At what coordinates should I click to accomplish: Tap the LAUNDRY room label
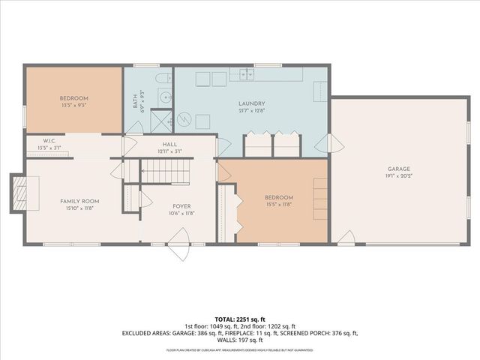[x=252, y=103]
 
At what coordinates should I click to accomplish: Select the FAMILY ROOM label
[x=80, y=201]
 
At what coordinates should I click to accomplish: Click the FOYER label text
[x=181, y=205]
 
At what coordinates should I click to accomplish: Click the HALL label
[x=169, y=144]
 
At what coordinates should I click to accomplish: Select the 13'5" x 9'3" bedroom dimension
[x=74, y=106]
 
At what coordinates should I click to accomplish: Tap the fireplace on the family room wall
[x=19, y=193]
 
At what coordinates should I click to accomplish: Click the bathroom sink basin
[x=164, y=97]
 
